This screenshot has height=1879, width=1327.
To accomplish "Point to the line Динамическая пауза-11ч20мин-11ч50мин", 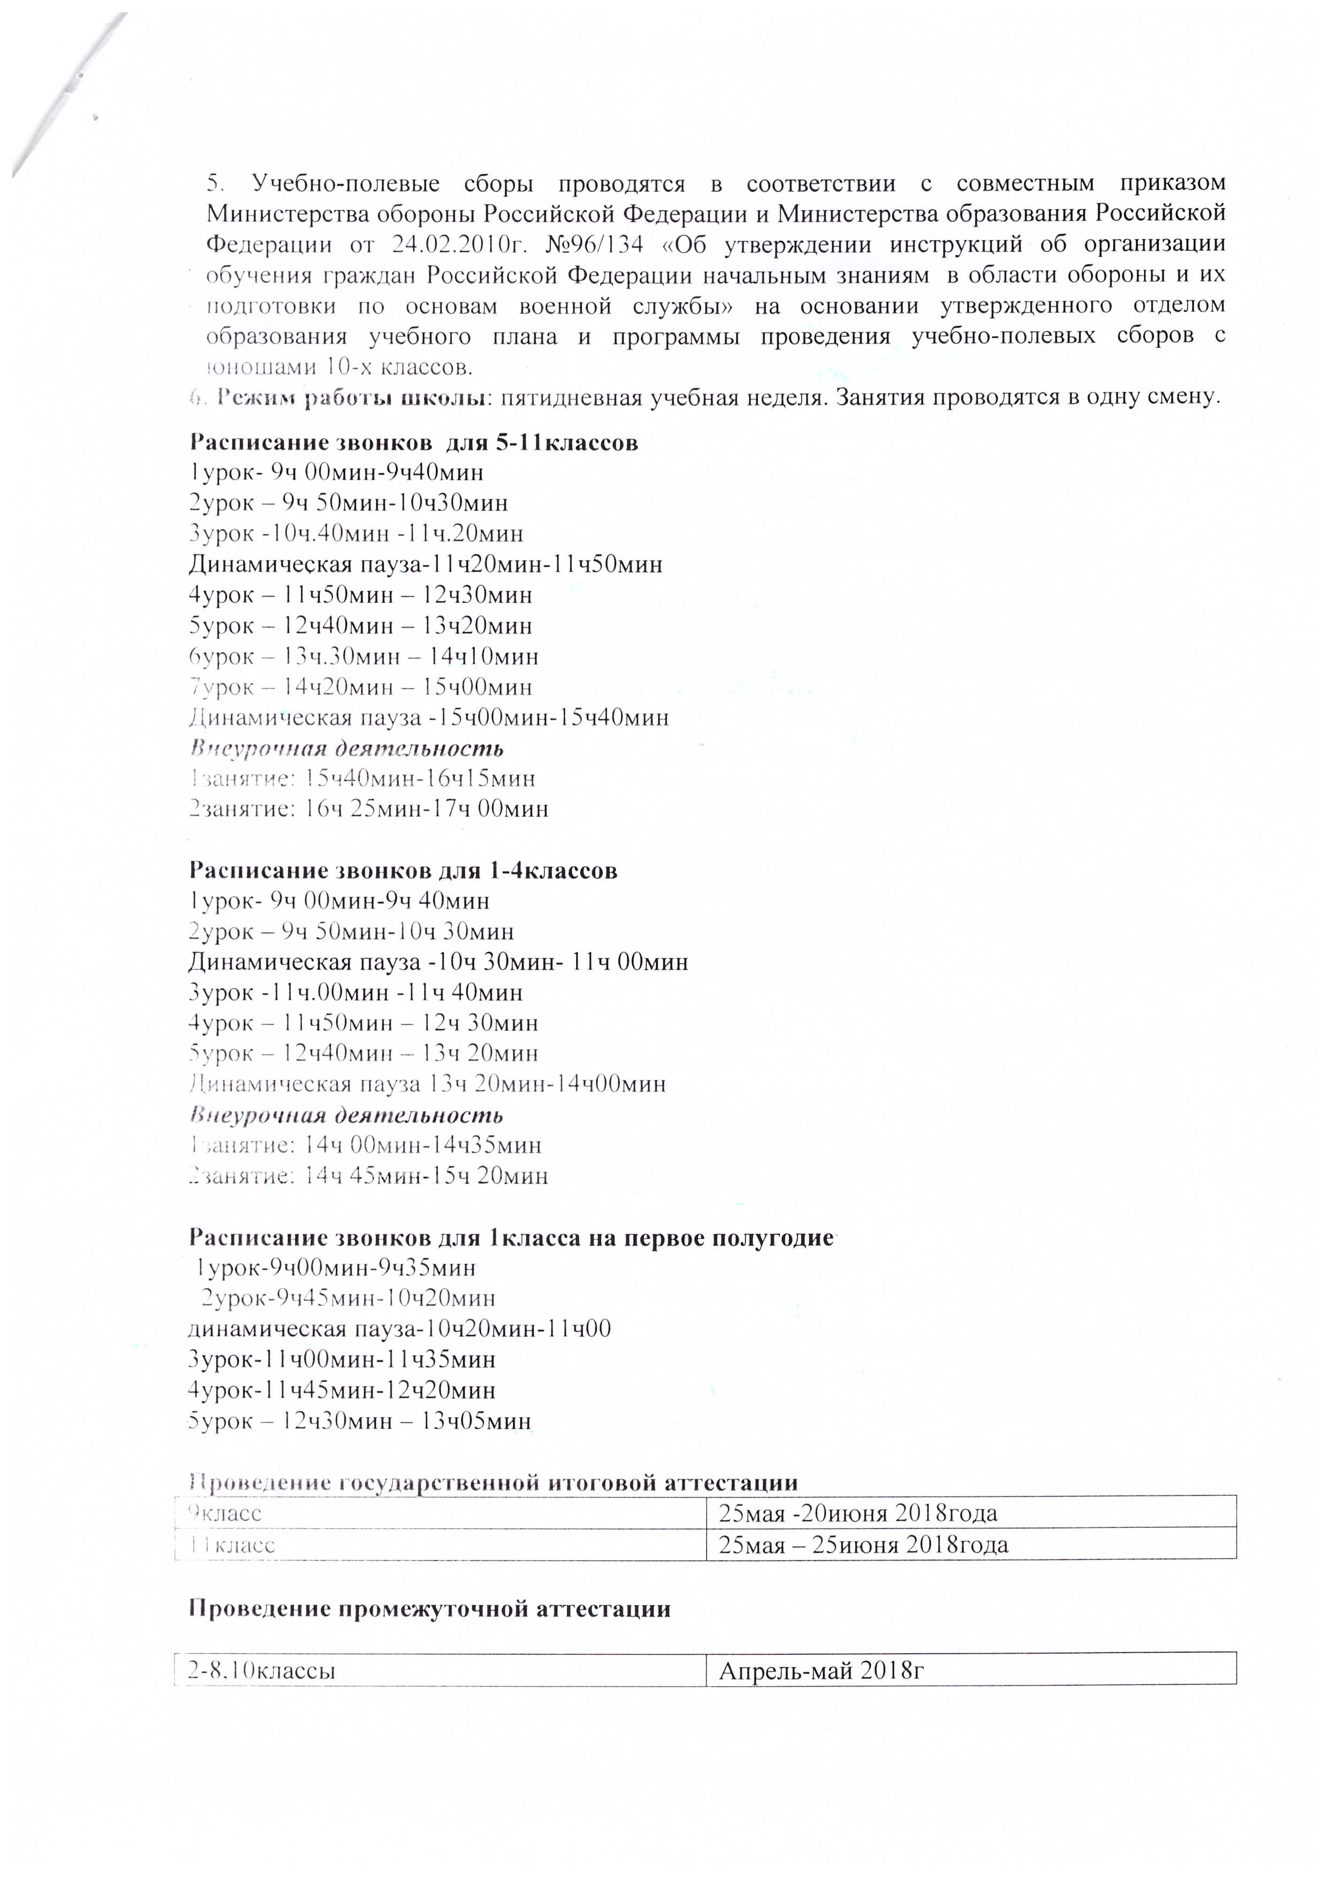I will tap(425, 564).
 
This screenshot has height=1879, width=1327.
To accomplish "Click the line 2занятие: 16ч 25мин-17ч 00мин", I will tap(368, 809).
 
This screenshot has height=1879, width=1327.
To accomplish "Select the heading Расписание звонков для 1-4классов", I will tap(403, 871).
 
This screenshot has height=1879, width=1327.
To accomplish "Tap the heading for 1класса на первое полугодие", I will tap(511, 1238).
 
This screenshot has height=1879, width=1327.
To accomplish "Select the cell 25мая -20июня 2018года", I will tap(857, 1513).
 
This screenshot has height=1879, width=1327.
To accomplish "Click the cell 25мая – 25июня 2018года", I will tap(863, 1545).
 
